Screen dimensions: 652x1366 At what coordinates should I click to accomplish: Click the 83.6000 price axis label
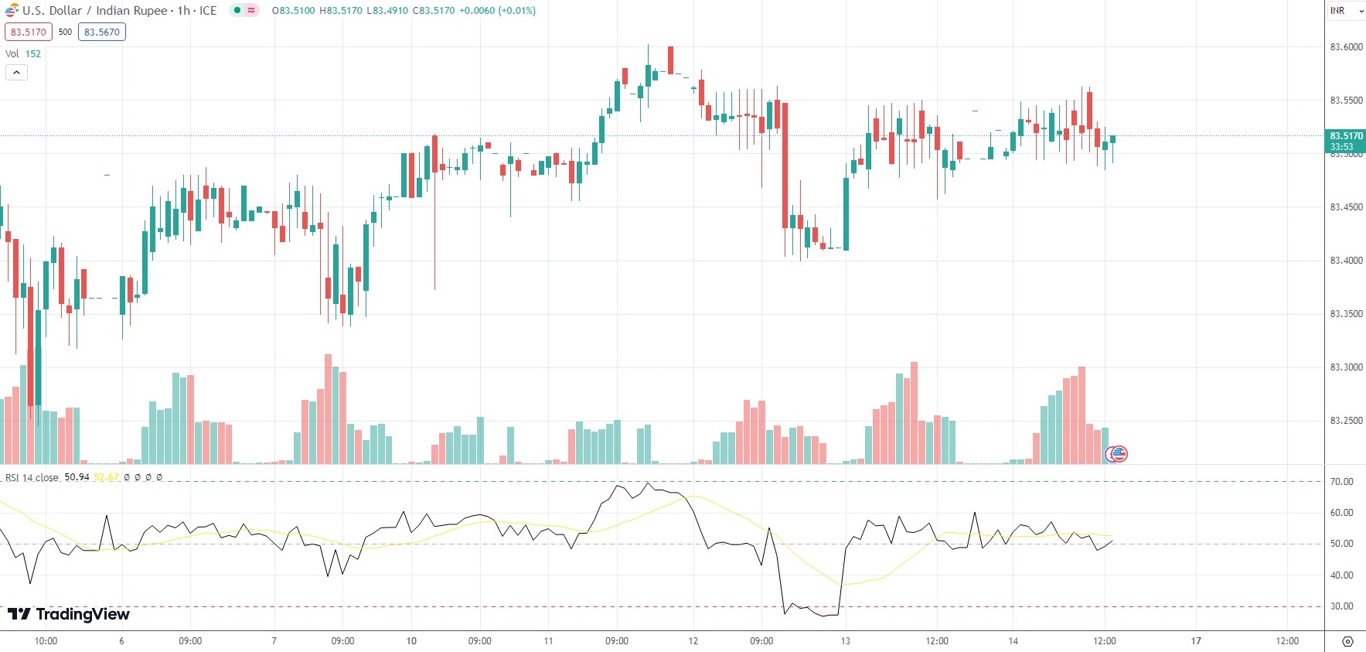[1346, 47]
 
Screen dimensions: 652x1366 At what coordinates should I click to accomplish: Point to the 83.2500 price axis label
[1346, 421]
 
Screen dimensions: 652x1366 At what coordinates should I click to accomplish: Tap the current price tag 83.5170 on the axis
[1346, 136]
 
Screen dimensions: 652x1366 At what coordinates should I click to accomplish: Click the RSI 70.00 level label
[1341, 482]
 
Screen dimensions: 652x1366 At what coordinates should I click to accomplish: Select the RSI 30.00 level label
[1341, 606]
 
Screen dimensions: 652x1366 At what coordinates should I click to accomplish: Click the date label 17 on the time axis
[1196, 641]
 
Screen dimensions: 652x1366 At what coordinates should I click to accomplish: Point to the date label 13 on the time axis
[845, 641]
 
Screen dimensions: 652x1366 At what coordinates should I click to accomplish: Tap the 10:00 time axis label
[46, 641]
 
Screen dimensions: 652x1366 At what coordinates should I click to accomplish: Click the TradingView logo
[69, 614]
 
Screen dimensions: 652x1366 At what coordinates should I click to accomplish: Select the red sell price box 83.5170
[28, 32]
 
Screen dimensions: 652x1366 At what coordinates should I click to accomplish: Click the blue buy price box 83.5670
[102, 32]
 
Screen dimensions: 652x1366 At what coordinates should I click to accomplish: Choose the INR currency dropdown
[1346, 11]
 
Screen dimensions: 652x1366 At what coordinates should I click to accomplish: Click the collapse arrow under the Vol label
[16, 73]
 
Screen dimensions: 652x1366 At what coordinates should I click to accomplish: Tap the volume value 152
[33, 54]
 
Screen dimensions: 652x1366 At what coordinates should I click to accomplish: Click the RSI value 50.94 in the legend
[77, 477]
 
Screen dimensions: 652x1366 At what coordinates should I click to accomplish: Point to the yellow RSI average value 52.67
[106, 477]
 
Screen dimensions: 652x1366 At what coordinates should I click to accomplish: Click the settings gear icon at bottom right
[1347, 641]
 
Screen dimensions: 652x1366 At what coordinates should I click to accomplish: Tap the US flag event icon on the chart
[1118, 454]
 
